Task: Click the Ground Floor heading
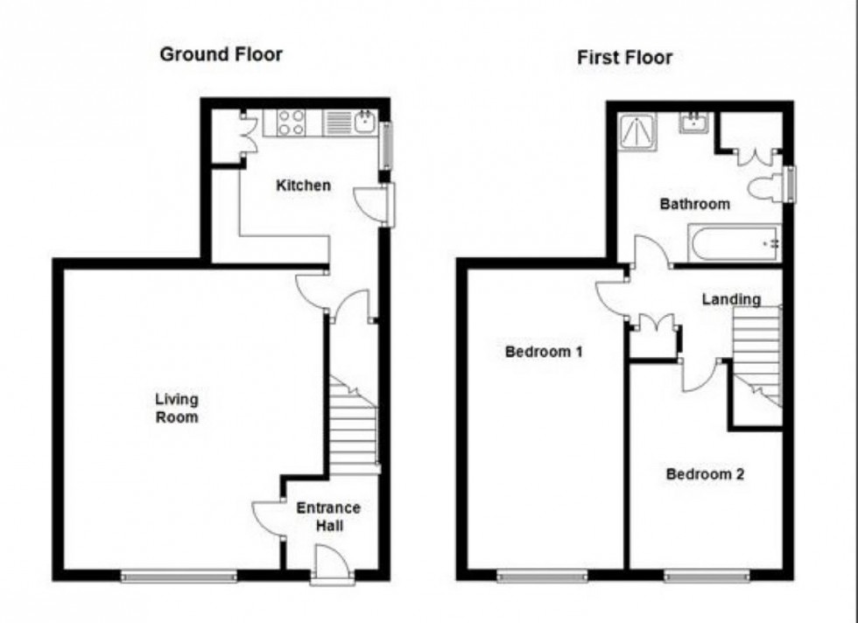[221, 54]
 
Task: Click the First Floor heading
[624, 57]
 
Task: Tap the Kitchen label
[303, 185]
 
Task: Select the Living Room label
[177, 408]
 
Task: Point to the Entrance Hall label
[328, 516]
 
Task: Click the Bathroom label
[695, 204]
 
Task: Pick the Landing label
[731, 299]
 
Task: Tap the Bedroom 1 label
[544, 351]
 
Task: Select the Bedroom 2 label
[705, 473]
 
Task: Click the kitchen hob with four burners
[291, 122]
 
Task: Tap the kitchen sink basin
[364, 121]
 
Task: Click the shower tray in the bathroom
[637, 132]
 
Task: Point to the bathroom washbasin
[694, 122]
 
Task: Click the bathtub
[735, 244]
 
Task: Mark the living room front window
[179, 576]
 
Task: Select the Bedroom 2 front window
[706, 576]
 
